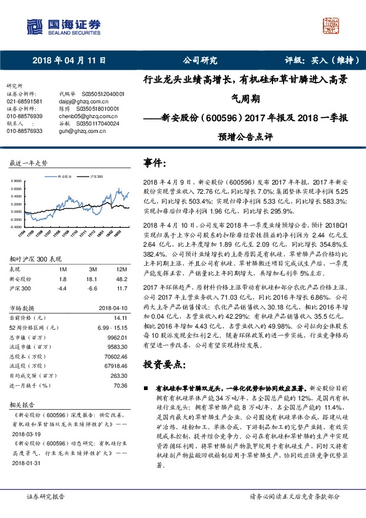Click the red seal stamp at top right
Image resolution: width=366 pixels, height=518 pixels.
pos(332,26)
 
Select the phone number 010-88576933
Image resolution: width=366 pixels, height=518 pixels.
pos(25,130)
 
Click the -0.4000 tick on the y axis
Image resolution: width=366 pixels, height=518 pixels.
pos(18,226)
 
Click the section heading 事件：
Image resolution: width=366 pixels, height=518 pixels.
pos(154,163)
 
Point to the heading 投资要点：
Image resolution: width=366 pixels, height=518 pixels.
pos(163,364)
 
